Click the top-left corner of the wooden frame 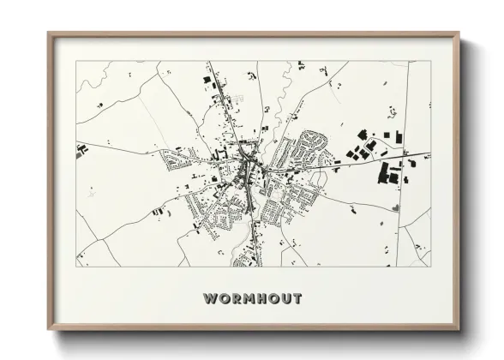click(48, 33)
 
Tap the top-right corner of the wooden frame click(459, 33)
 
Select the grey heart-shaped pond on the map click(396, 206)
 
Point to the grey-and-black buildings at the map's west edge click(82, 153)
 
